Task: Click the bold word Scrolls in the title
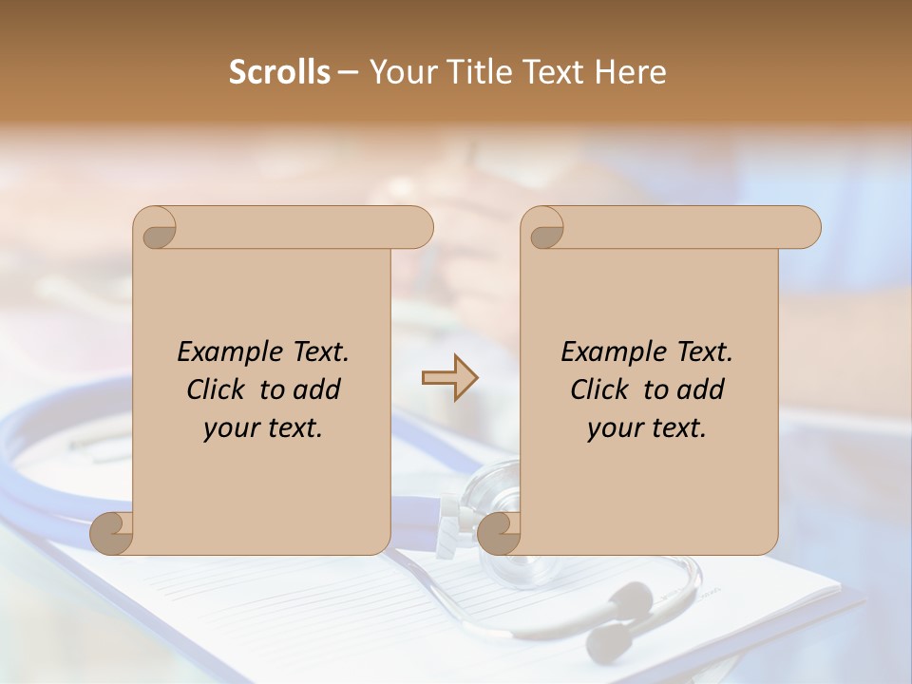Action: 279,72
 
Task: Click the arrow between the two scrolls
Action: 450,378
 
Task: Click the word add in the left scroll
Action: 316,389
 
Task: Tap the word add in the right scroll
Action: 700,389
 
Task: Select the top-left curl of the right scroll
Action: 545,229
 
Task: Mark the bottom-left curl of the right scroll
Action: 500,532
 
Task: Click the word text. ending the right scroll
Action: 676,428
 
